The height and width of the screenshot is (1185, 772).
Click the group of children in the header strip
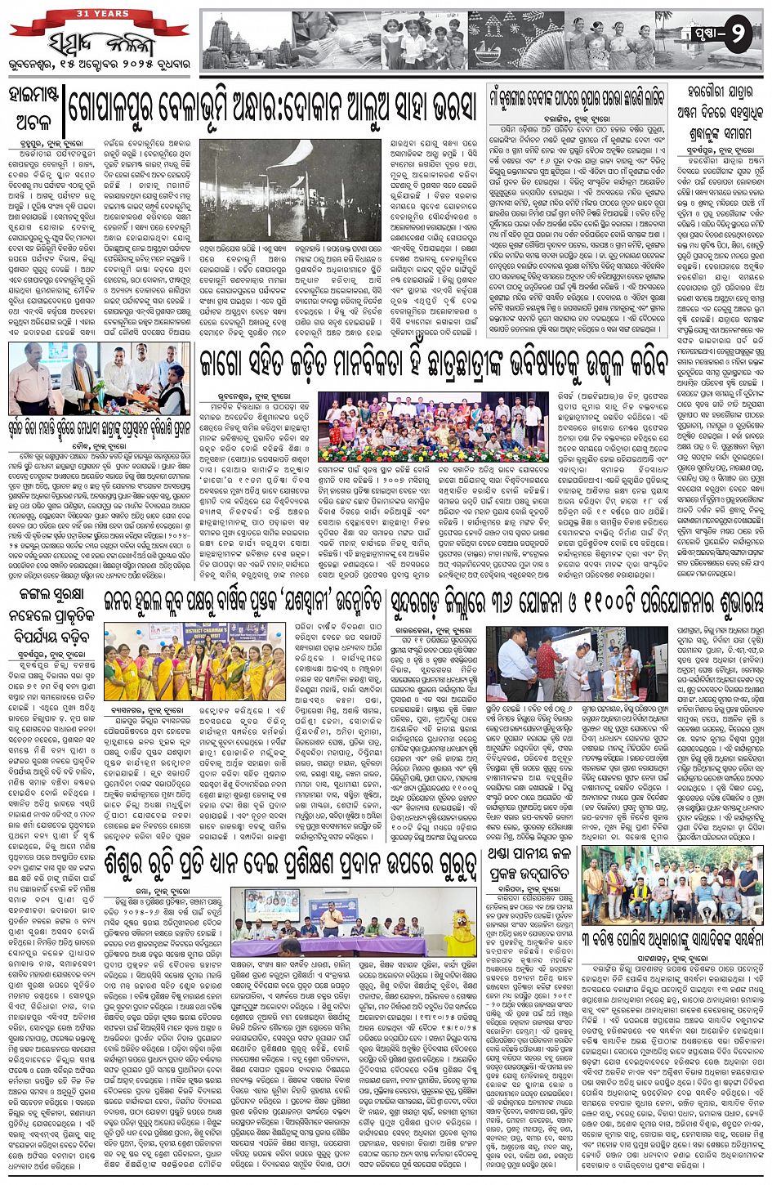417,41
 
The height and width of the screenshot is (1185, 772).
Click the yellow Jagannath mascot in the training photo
464,933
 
